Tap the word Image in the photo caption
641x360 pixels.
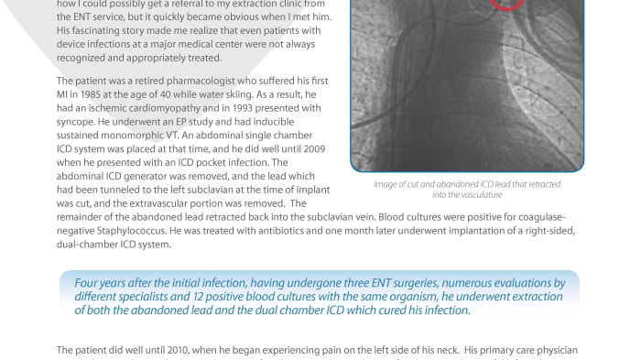tap(382, 184)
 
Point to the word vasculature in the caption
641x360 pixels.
tap(483, 194)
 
